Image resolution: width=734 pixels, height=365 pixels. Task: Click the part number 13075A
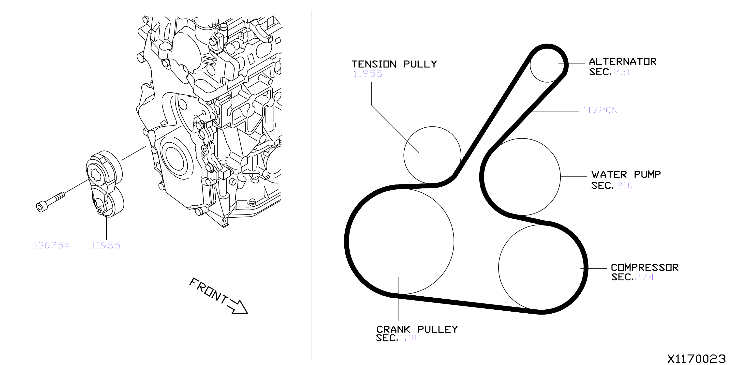pyautogui.click(x=52, y=245)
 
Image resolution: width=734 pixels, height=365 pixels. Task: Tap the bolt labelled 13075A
pyautogui.click(x=50, y=202)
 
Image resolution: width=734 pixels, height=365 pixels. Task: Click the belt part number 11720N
pyautogui.click(x=600, y=110)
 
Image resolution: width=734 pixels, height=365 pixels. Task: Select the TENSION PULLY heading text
pyautogui.click(x=394, y=64)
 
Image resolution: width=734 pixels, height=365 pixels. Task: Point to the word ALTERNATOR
pyautogui.click(x=623, y=61)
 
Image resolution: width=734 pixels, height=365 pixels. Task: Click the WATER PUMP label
pyautogui.click(x=626, y=174)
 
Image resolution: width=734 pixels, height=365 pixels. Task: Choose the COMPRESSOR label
pyautogui.click(x=645, y=267)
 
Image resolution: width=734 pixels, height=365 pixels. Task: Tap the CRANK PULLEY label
pyautogui.click(x=417, y=329)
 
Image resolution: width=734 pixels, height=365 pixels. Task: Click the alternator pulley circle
pyautogui.click(x=530, y=66)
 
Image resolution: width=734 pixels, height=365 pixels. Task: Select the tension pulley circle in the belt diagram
pyautogui.click(x=404, y=155)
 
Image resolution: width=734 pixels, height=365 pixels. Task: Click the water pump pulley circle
pyautogui.click(x=560, y=177)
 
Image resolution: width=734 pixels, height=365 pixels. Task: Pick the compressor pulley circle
pyautogui.click(x=499, y=267)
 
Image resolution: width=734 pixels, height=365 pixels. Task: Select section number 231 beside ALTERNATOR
pyautogui.click(x=621, y=72)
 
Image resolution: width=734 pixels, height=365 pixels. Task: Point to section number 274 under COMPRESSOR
pyautogui.click(x=644, y=277)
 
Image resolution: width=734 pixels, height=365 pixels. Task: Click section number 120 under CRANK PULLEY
pyautogui.click(x=408, y=338)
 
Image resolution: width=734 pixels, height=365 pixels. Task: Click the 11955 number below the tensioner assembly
pyautogui.click(x=106, y=245)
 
